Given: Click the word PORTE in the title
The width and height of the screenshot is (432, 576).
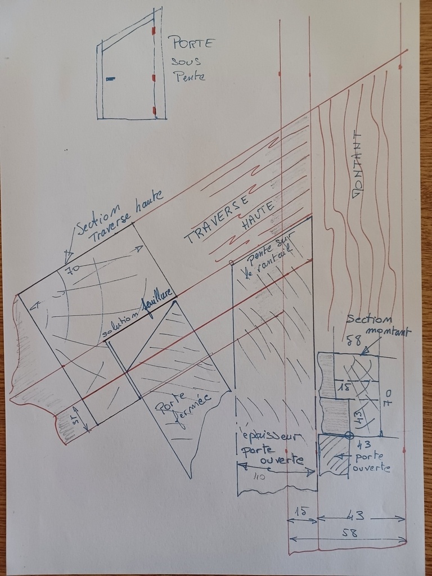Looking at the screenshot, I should point(191,43).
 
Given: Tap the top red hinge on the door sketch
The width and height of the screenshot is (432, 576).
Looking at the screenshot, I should point(153,31).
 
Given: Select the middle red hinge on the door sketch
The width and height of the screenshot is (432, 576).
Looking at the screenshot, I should point(154,76).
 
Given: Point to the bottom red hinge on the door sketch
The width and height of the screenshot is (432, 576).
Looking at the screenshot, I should point(154,110).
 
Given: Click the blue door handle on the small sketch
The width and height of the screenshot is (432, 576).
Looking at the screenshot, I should point(110,78).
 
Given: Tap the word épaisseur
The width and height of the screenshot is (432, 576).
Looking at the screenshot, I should point(270,438).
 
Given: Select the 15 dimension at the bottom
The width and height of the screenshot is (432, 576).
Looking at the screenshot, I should point(302,511).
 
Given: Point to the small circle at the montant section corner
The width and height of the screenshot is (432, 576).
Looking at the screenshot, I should point(349,435).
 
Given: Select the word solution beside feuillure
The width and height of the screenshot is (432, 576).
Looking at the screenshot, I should point(121,326).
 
